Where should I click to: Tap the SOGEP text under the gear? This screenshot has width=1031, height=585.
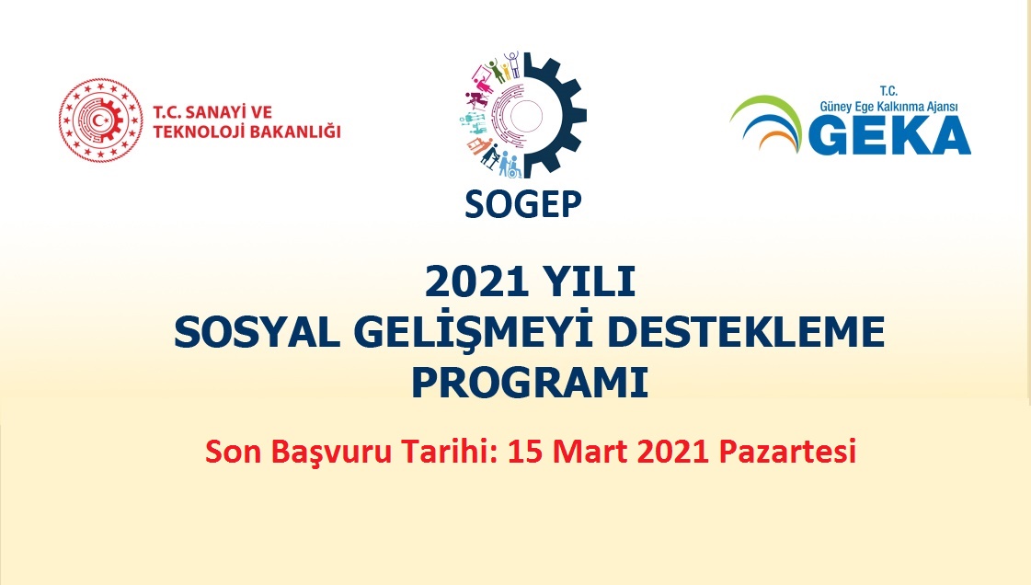coord(523,204)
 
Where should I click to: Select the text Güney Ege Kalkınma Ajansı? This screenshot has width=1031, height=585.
coord(889,107)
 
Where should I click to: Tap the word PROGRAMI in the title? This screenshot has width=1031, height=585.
coord(529,382)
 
